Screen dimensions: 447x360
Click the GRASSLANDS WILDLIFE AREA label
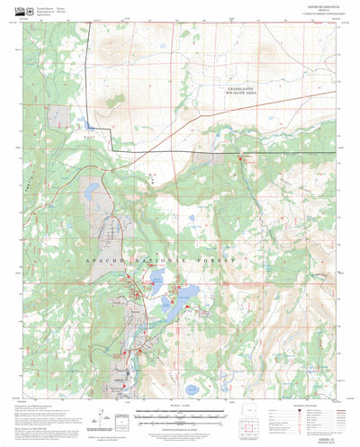pos(241,90)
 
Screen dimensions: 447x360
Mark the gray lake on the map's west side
pos(91,192)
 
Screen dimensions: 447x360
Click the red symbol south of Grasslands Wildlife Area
pos(240,159)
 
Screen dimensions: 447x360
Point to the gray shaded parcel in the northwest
pos(63,117)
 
